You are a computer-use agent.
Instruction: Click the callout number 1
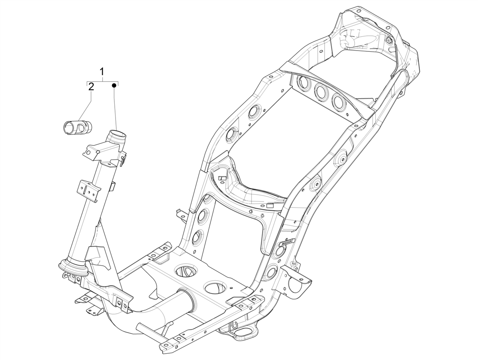coord(102,72)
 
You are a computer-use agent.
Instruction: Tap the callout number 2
coord(91,87)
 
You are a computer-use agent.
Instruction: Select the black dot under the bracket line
coord(114,85)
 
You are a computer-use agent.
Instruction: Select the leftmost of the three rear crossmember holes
coord(304,84)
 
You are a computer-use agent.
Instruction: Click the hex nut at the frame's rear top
coord(389,40)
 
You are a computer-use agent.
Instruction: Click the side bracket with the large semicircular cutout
coord(297,281)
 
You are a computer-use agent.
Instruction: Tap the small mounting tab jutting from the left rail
coord(181,215)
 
